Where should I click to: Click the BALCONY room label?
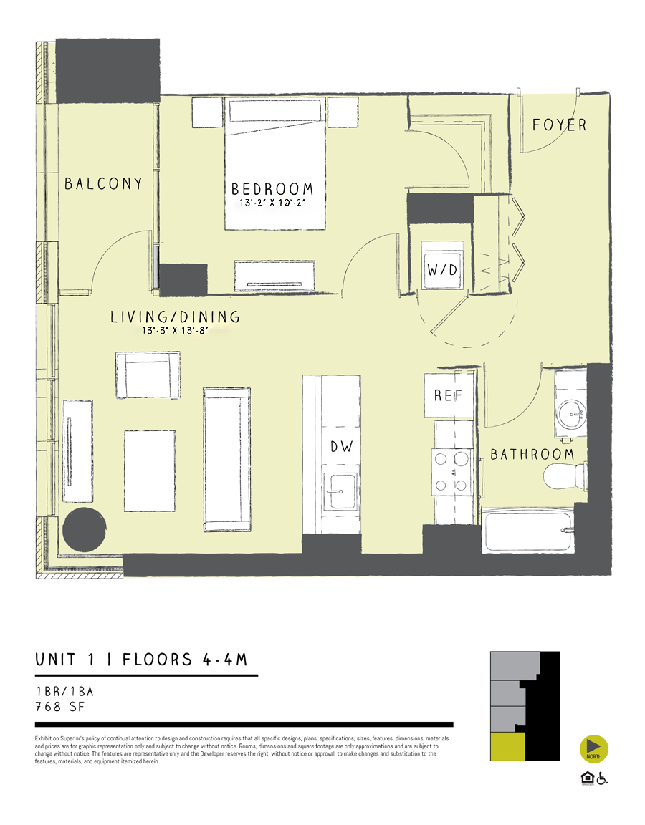click(103, 184)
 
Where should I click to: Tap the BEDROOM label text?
click(272, 189)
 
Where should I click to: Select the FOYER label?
click(559, 125)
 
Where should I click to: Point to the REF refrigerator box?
click(449, 395)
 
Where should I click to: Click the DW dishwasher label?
click(341, 447)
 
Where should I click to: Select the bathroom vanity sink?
click(571, 411)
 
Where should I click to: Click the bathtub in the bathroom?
click(529, 531)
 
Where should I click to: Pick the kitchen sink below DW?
click(340, 491)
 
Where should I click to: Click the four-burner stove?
click(449, 472)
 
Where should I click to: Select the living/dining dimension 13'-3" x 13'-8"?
click(174, 331)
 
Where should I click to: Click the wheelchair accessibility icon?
click(601, 778)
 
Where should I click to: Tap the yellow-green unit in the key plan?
click(507, 747)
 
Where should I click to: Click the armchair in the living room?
click(147, 375)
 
